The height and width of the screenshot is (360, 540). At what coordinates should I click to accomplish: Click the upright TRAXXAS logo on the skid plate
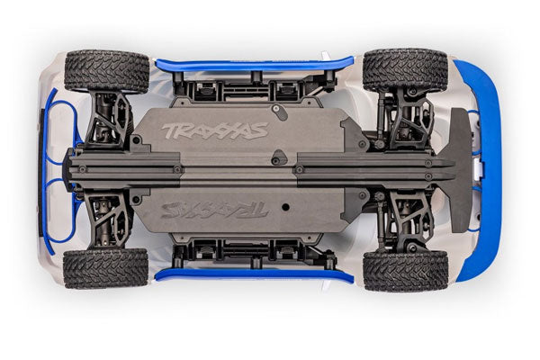click(215, 130)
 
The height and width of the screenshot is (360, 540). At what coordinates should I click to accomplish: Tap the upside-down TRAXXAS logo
click(215, 210)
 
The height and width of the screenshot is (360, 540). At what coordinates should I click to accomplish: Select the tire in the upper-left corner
click(107, 72)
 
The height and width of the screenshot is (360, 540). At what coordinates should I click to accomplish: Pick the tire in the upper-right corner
click(405, 70)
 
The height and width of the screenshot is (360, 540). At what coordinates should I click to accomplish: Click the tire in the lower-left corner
click(105, 269)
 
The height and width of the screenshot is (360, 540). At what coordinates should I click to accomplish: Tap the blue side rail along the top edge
click(255, 65)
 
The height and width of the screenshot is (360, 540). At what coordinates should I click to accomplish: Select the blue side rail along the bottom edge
click(255, 274)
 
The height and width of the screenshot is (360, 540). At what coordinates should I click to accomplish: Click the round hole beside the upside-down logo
click(285, 207)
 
